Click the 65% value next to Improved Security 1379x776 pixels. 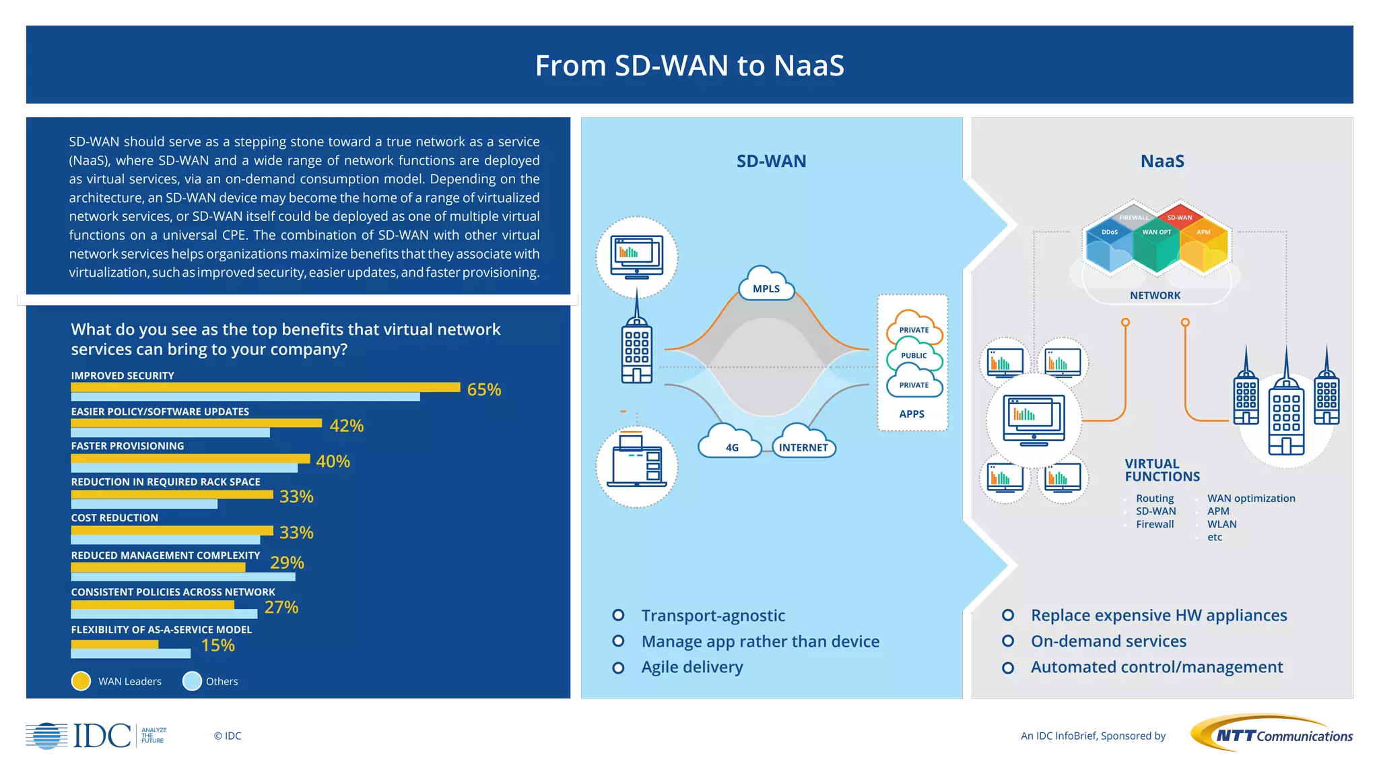tap(483, 389)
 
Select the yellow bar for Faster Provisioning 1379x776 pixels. tap(190, 459)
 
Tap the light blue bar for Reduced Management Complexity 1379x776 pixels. tap(182, 577)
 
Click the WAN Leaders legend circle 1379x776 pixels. tap(81, 681)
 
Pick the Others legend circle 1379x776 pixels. tap(192, 681)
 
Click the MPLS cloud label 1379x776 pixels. tap(766, 288)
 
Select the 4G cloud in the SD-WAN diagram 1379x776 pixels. tap(731, 445)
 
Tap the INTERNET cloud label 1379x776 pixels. tap(803, 447)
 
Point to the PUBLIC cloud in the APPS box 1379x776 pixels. tap(914, 355)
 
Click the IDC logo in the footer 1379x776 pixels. tap(94, 736)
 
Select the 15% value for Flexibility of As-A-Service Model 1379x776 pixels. tap(217, 645)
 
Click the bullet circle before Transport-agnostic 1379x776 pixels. tap(617, 615)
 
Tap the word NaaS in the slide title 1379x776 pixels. tap(809, 65)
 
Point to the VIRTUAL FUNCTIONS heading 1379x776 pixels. tap(1162, 470)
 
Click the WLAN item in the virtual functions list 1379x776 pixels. tap(1221, 524)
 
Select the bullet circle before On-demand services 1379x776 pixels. tap(1007, 641)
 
